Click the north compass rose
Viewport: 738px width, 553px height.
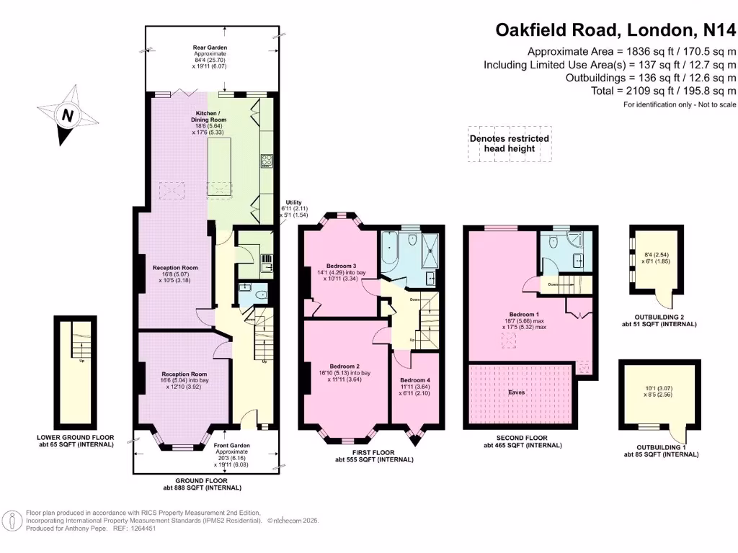[x=66, y=115]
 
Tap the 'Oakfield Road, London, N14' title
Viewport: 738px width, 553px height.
[x=615, y=30]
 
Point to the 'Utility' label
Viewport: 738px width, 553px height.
[x=292, y=203]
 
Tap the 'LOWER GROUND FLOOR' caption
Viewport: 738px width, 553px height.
[x=76, y=437]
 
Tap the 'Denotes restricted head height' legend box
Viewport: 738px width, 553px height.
[x=509, y=143]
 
